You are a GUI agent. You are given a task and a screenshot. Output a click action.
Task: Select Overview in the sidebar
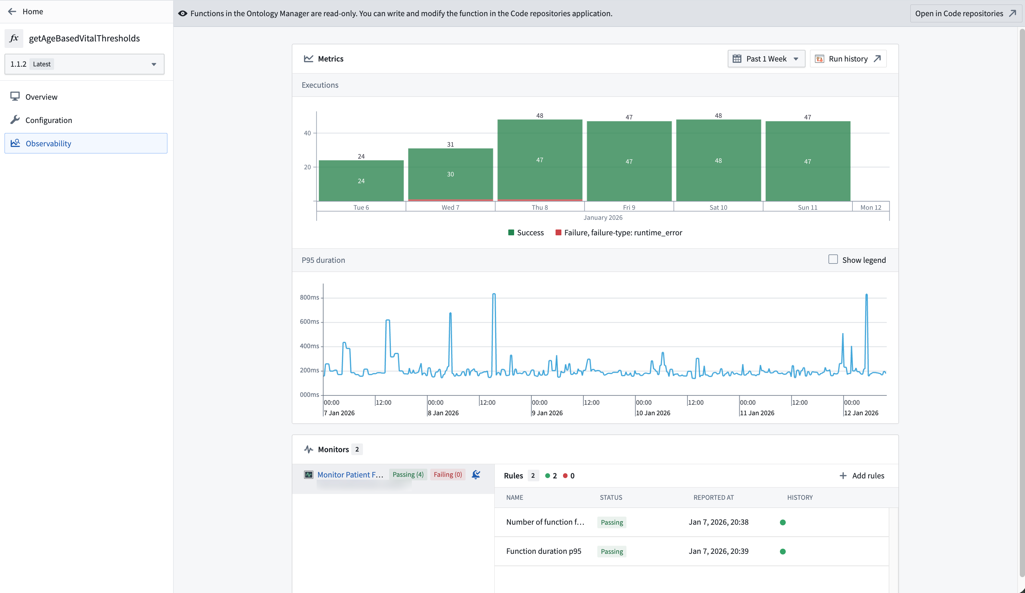click(41, 97)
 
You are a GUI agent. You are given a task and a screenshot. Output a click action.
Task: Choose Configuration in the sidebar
click(49, 120)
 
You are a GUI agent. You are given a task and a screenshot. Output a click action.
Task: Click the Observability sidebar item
click(48, 143)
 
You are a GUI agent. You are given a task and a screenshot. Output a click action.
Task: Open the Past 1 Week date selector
click(766, 59)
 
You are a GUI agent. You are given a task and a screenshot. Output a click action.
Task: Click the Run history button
click(848, 59)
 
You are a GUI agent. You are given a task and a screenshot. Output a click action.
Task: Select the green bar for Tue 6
click(361, 181)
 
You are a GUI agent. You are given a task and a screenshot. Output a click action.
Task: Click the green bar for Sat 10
click(718, 160)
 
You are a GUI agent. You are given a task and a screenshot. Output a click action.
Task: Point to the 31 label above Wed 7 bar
click(450, 144)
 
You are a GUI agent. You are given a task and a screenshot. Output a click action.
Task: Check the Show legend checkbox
click(833, 260)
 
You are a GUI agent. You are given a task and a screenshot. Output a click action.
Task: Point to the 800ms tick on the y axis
click(310, 297)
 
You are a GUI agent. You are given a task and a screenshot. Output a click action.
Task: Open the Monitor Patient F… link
click(350, 475)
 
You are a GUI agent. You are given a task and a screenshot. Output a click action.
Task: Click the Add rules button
click(862, 476)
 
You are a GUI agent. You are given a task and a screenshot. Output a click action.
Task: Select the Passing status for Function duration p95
click(611, 552)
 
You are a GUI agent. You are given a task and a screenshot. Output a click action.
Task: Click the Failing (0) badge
click(447, 475)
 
